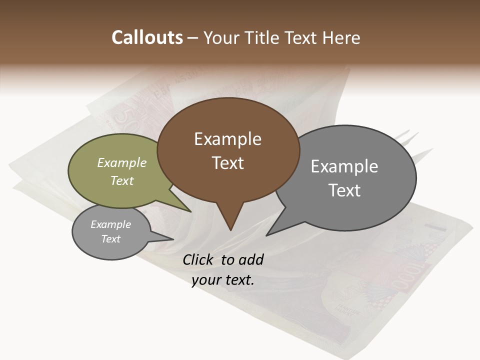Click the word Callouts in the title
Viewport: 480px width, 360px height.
[147, 37]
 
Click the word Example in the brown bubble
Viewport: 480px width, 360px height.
[227, 139]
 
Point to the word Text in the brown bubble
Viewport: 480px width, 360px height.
[227, 163]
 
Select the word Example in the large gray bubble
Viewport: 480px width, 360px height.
[344, 166]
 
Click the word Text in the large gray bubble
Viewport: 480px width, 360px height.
[344, 190]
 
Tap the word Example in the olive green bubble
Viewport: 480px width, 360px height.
[121, 163]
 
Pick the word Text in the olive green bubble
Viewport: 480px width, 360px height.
[121, 180]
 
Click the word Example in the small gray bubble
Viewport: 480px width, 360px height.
[110, 224]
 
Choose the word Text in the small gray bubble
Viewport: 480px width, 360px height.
[110, 239]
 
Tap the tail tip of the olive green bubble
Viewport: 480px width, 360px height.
[190, 211]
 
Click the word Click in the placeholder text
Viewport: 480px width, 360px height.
[199, 259]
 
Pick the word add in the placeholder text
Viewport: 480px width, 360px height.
[251, 259]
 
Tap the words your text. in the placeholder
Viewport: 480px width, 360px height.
[222, 280]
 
